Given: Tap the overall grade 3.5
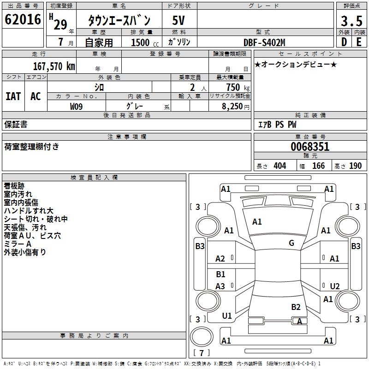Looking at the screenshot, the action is (x=351, y=21).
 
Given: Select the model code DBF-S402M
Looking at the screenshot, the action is (x=264, y=42).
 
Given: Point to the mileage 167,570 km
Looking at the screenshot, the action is (x=54, y=66).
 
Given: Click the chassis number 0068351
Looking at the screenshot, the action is (x=309, y=147).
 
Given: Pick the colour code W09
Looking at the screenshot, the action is (x=77, y=106).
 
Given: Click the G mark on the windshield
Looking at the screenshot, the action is (x=292, y=243).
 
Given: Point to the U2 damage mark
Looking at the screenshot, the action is (x=334, y=286).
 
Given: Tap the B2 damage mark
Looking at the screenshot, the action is (x=296, y=307).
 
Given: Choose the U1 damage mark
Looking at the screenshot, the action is (x=227, y=316).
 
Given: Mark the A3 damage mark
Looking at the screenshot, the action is (x=220, y=286).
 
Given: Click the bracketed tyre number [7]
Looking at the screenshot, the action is (x=201, y=353).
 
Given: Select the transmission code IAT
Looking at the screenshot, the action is (x=13, y=96).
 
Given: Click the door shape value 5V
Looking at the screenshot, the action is (x=179, y=20).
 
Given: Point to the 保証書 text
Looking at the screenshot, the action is (x=16, y=125).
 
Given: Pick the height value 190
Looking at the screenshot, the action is (x=355, y=166).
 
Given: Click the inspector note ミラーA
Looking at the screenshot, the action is (x=18, y=244).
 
